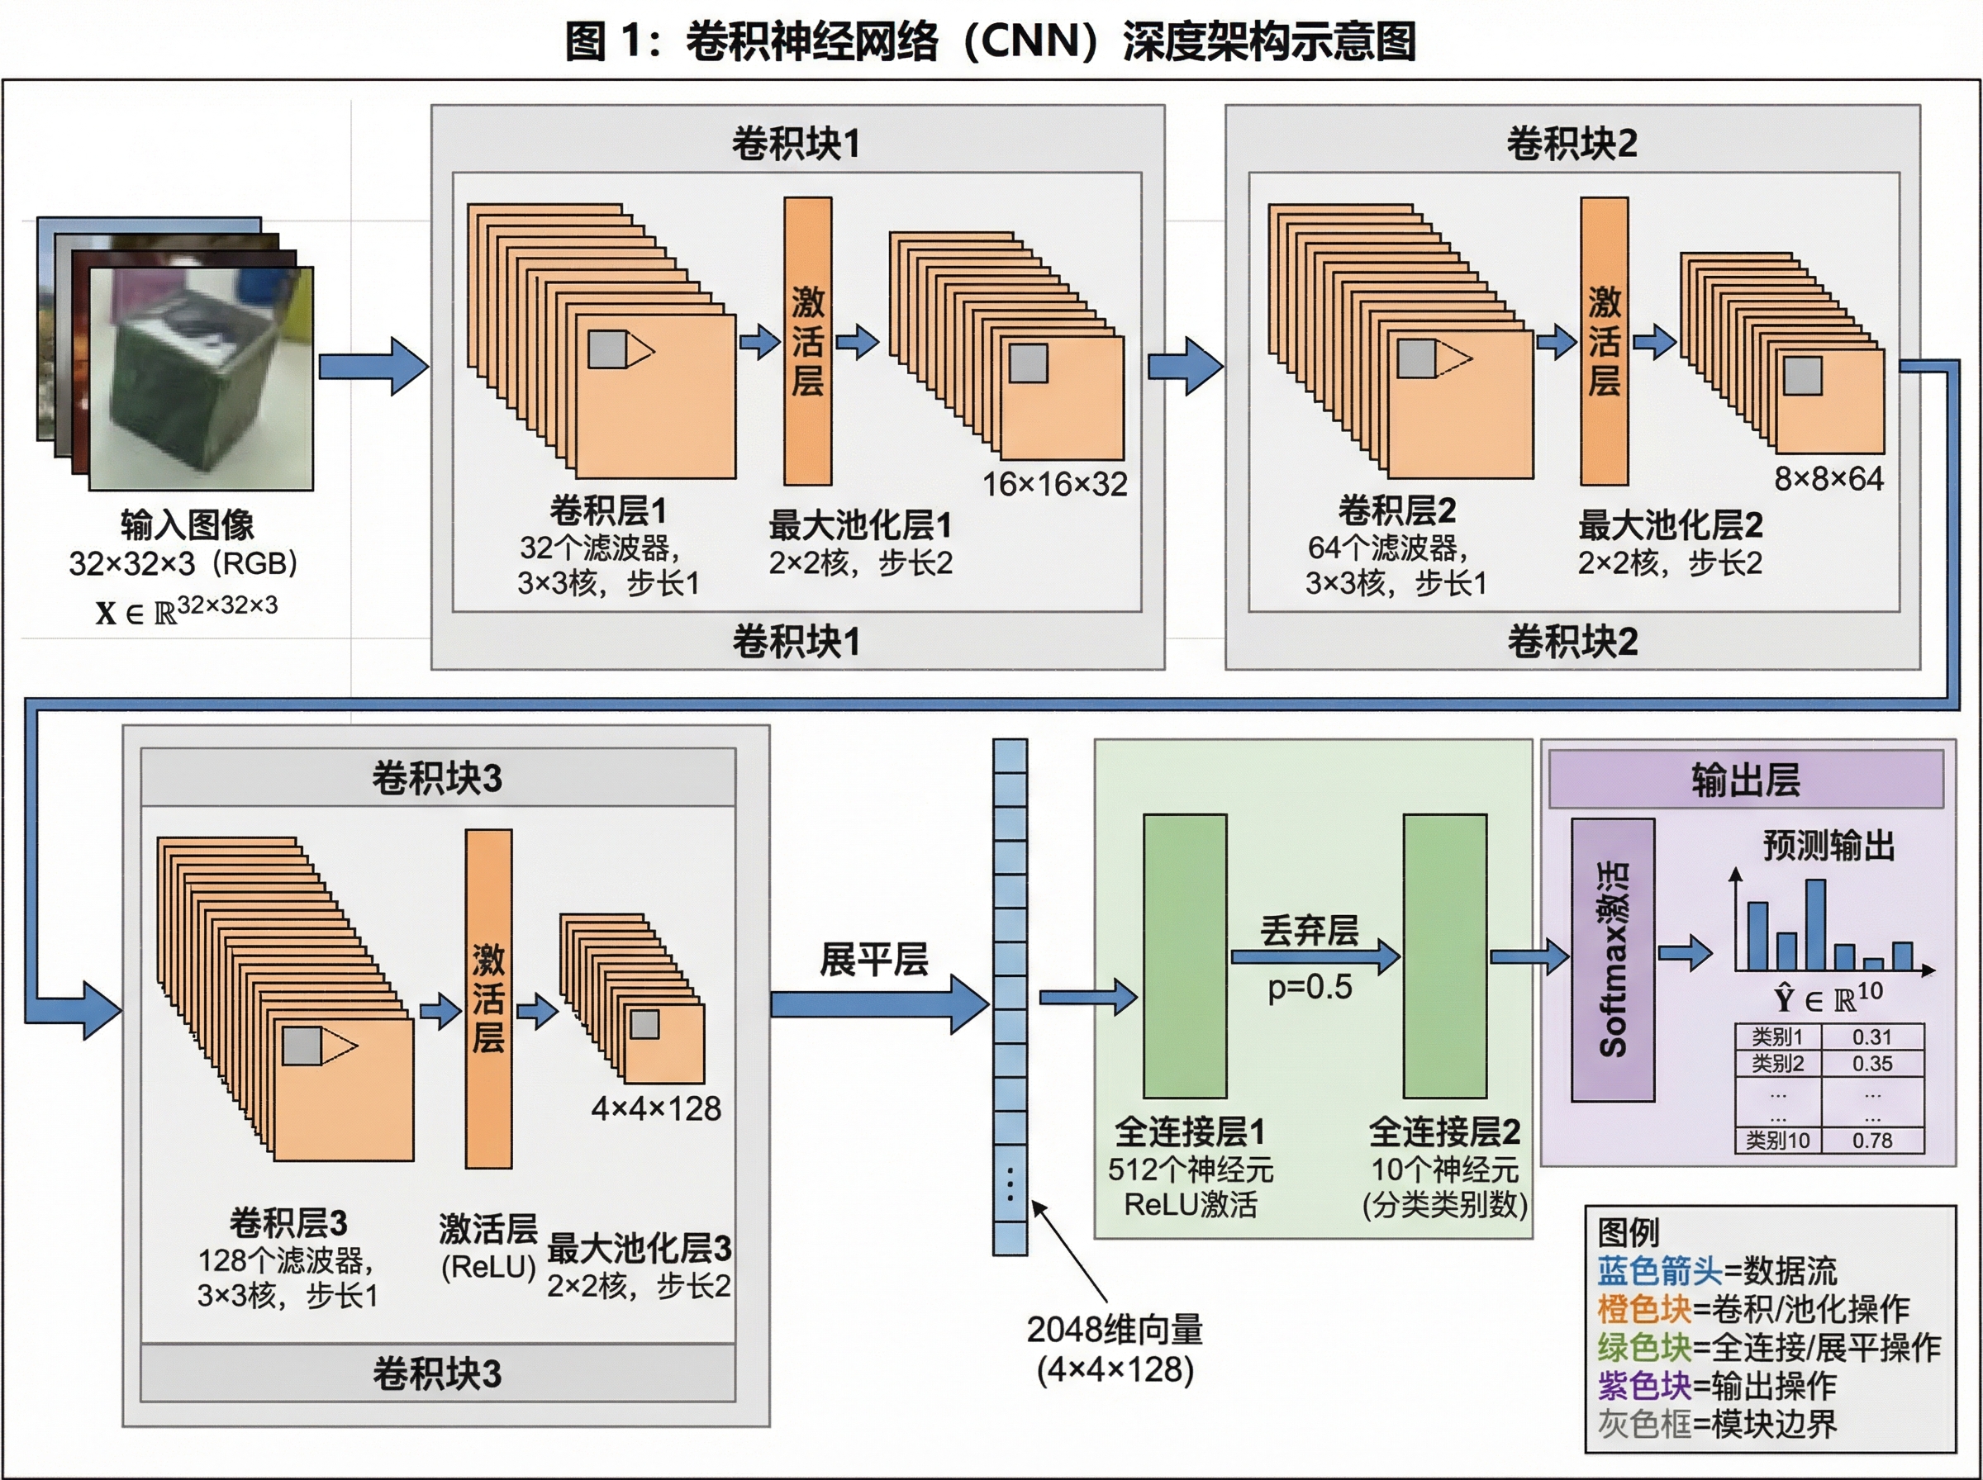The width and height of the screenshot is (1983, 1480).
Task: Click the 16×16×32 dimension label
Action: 1054,485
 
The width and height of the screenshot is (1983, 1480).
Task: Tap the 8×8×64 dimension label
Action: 1828,478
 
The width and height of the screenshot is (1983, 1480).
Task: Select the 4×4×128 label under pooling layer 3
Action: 656,1109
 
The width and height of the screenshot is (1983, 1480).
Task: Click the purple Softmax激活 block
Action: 1612,960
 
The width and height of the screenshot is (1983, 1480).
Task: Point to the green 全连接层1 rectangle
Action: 1184,956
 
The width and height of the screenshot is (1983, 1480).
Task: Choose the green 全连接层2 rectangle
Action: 1444,956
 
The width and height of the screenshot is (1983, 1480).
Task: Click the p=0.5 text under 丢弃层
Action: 1309,987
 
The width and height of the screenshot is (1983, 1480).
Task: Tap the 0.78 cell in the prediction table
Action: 1872,1141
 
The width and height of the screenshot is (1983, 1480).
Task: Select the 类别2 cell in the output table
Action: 1777,1064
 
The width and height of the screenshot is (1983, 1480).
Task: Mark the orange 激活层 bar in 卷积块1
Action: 807,341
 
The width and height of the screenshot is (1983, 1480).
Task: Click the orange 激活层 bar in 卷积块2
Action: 1603,341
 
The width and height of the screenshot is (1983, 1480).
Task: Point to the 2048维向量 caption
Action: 1115,1331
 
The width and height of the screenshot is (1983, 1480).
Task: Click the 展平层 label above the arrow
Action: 873,960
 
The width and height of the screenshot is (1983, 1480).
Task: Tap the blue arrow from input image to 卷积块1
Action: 373,367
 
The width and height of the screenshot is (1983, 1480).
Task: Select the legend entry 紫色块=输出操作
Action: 1716,1386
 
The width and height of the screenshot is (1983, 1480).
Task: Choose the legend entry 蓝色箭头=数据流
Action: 1716,1271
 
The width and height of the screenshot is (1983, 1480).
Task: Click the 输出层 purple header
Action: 1745,780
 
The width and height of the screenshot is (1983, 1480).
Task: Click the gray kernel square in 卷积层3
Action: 302,1046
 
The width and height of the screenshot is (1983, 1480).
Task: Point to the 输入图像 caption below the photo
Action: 188,525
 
